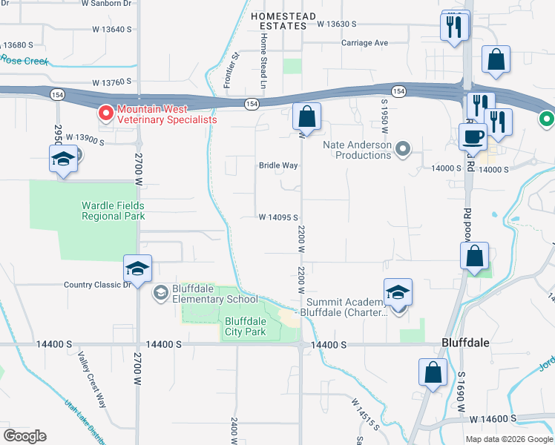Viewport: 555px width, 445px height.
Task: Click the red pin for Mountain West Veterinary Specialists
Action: [x=105, y=113]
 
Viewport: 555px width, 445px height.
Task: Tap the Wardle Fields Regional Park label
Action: [x=113, y=211]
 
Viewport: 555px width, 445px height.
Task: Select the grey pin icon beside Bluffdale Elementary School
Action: [x=160, y=294]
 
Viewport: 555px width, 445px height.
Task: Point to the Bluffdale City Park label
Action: [x=245, y=326]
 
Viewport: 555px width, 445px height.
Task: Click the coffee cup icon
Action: [x=473, y=136]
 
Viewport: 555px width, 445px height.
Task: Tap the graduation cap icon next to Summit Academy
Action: [x=398, y=293]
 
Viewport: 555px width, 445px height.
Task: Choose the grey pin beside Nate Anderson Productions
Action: [x=403, y=150]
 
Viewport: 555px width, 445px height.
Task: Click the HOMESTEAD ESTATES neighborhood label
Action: [x=278, y=21]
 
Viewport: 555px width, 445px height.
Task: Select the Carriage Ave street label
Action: [x=364, y=43]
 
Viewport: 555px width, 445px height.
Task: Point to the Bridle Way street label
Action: [x=278, y=165]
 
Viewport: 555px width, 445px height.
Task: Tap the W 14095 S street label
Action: [x=278, y=217]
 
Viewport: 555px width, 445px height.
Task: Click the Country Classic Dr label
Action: [x=97, y=284]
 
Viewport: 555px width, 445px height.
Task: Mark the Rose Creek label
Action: [x=24, y=60]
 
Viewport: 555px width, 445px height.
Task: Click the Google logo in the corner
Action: [x=24, y=436]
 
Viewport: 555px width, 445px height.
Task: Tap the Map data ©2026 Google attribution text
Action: [x=509, y=439]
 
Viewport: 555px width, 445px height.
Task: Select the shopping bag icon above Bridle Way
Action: [x=306, y=117]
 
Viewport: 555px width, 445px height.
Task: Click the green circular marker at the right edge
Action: [x=547, y=119]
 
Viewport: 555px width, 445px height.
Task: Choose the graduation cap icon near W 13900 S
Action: [x=64, y=159]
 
